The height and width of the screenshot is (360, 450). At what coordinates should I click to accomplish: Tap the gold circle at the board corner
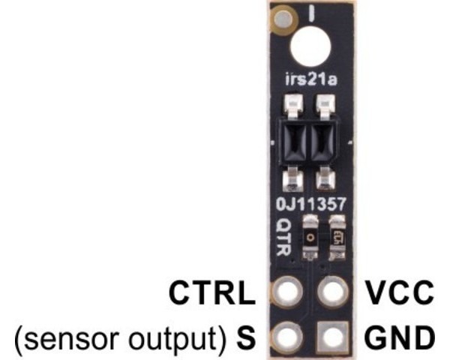[x=283, y=14]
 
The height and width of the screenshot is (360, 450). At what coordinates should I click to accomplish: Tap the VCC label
[x=397, y=292]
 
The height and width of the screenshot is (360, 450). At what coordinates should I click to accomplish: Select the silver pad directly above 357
[x=325, y=179]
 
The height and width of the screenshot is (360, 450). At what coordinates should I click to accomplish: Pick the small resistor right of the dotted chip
[x=336, y=235]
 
